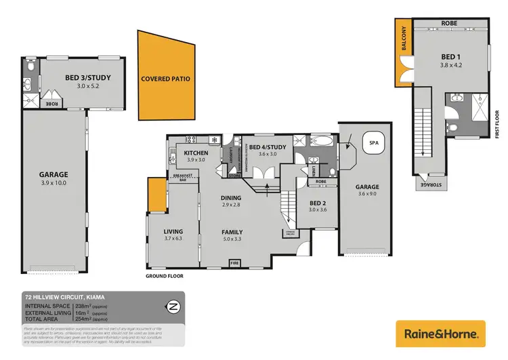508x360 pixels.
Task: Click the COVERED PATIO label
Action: click(165, 79)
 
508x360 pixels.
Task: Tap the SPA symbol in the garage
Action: click(373, 143)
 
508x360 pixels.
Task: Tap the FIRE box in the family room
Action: click(235, 261)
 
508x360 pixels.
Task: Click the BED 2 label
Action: click(318, 203)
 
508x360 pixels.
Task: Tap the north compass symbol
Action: click(173, 305)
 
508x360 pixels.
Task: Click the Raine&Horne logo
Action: click(441, 334)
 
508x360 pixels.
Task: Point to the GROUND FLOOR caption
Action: click(165, 276)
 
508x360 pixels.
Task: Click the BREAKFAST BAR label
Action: click(182, 178)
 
